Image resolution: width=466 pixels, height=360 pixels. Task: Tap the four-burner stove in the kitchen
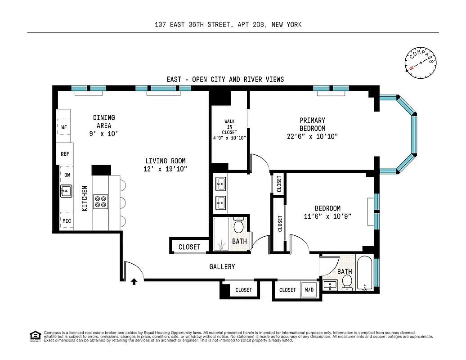(101, 201)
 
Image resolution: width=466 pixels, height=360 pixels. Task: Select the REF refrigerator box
(65, 154)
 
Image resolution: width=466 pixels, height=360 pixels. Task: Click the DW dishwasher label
(67, 175)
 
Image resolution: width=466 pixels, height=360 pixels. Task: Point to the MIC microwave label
(66, 221)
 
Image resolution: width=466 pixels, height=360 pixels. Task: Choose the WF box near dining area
(64, 127)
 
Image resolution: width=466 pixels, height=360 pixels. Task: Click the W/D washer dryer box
(310, 290)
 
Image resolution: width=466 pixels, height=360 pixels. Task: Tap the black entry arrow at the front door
(134, 282)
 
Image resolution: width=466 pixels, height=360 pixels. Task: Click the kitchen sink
(66, 191)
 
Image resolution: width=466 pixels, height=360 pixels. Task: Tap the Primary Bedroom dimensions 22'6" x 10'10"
(312, 136)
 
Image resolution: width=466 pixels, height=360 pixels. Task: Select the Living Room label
(165, 161)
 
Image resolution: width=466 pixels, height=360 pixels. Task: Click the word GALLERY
(222, 267)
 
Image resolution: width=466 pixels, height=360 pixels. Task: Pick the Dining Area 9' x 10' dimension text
(104, 134)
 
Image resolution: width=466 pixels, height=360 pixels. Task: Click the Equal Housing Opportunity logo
(34, 335)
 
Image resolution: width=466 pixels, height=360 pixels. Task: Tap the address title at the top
(228, 25)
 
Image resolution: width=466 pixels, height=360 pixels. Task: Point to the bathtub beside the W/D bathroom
(364, 273)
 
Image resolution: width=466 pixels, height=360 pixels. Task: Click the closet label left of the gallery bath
(189, 247)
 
